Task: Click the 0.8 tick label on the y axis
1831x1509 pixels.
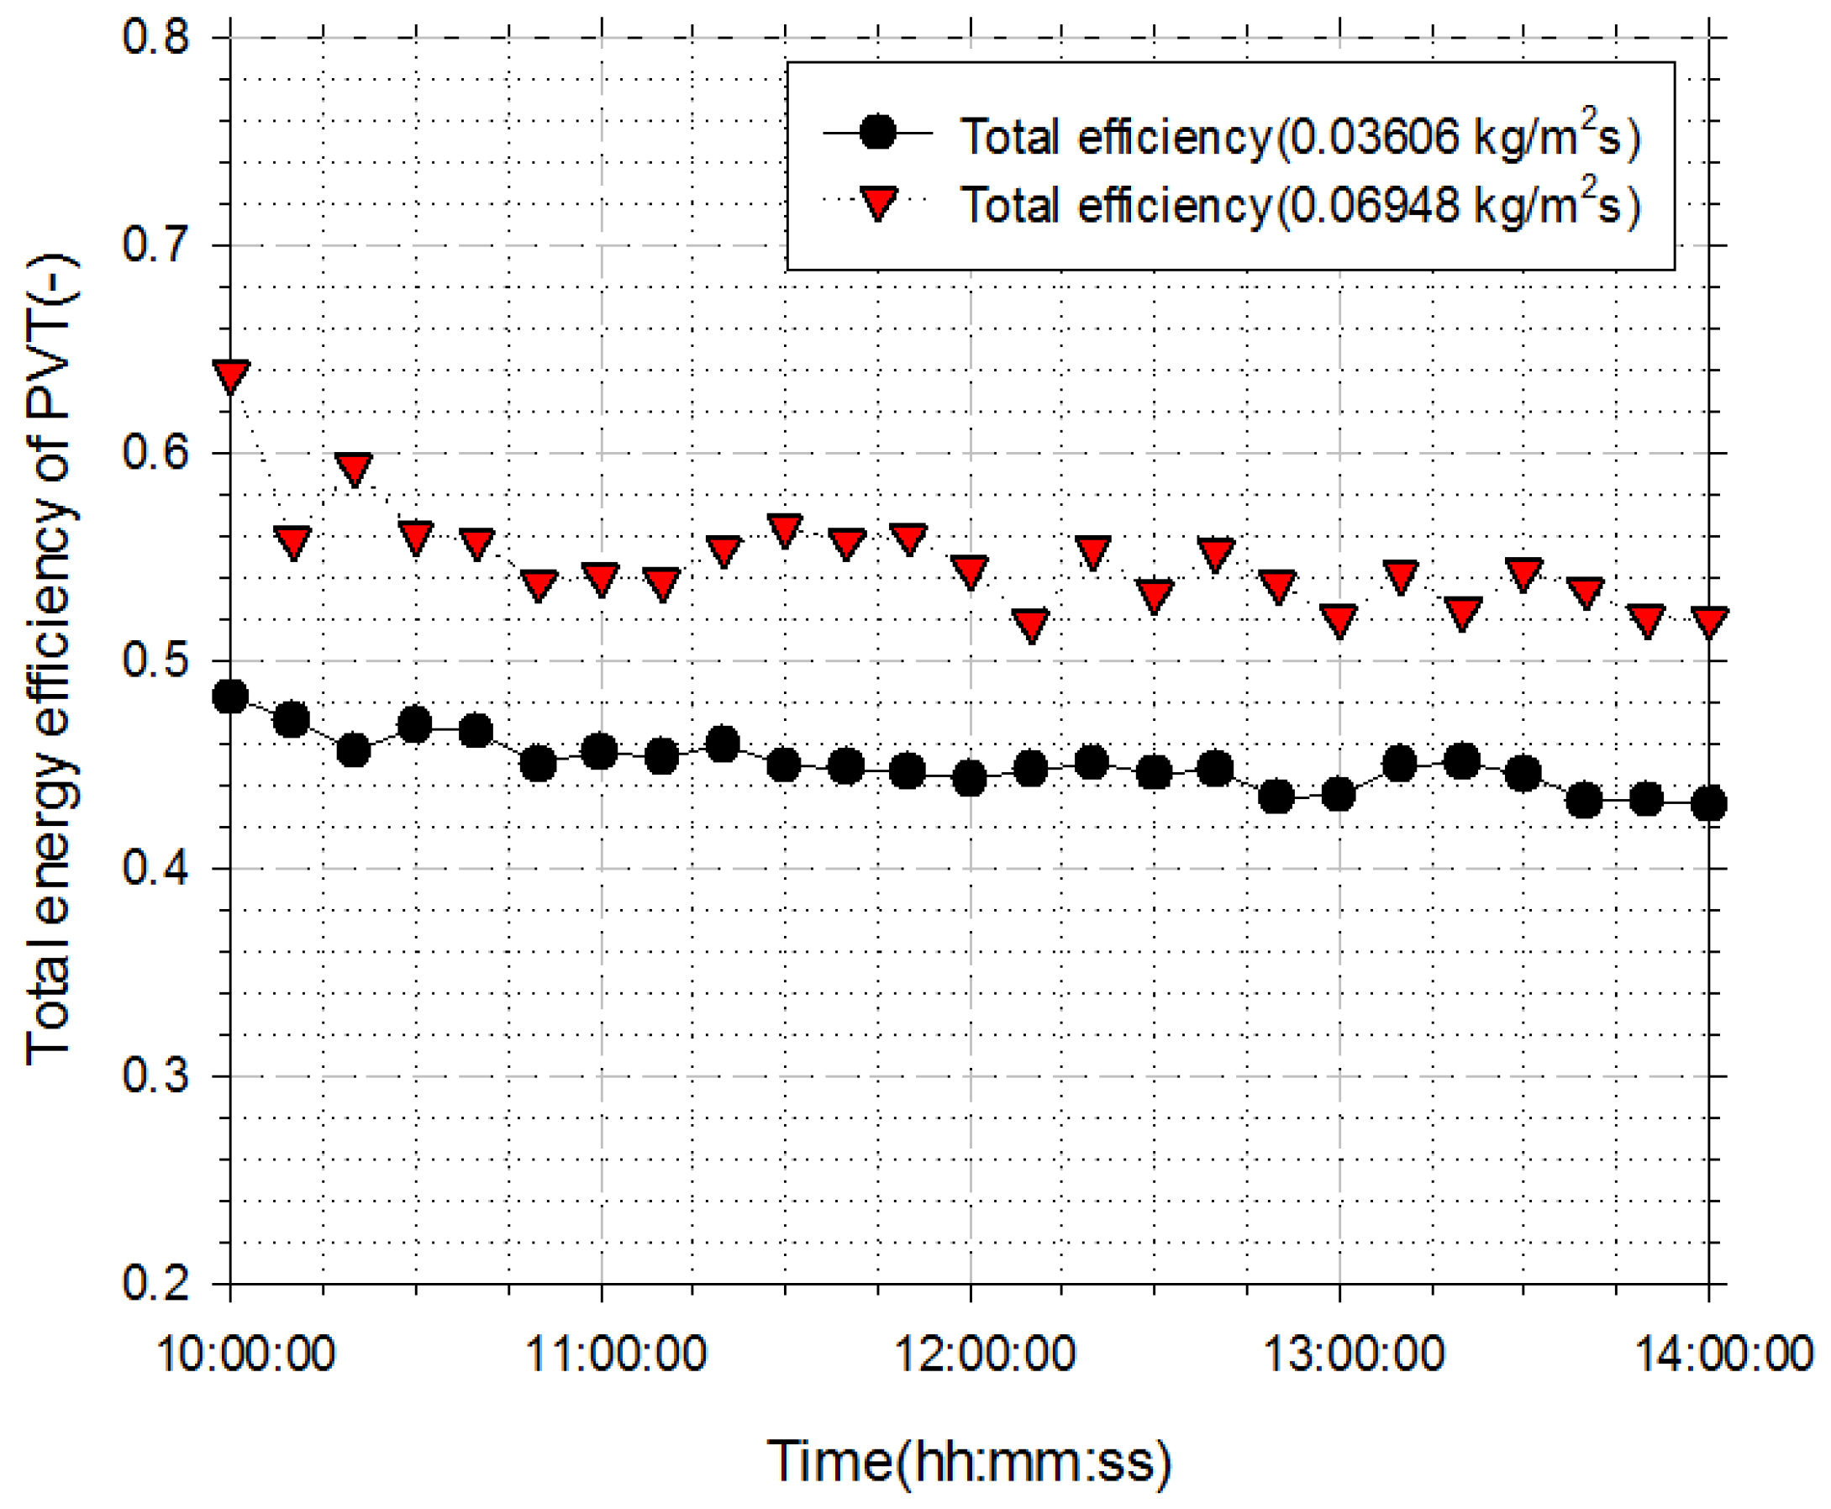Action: point(155,36)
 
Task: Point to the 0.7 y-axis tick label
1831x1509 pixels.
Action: point(155,244)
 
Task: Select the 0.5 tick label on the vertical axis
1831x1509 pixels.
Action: point(155,660)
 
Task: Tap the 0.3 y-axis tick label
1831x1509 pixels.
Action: point(155,1075)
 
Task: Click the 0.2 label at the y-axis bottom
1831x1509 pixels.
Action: point(155,1283)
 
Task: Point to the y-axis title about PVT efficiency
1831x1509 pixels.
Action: point(50,660)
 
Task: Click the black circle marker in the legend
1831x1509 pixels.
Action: point(877,133)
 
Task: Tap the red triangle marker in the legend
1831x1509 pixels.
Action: point(877,203)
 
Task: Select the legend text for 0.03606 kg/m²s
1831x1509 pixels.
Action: point(1300,136)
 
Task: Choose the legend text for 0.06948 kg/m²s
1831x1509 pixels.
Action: point(1300,205)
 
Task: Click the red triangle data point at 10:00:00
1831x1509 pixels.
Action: point(230,376)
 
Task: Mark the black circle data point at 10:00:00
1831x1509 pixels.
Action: point(230,697)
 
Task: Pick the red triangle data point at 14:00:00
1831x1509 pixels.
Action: point(1709,621)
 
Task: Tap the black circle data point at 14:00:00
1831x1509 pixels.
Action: point(1709,804)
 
